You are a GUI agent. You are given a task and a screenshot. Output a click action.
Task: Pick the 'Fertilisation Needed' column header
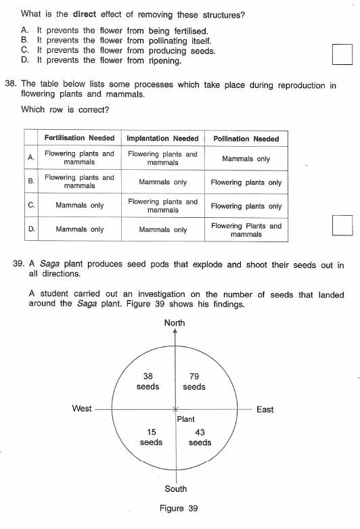point(79,139)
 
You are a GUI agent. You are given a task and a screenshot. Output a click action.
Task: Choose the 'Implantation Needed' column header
point(162,139)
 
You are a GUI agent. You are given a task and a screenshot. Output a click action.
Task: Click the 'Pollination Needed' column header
point(246,139)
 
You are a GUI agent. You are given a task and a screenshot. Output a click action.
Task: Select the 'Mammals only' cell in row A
point(246,158)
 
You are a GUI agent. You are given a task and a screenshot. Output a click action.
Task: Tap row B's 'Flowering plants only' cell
point(246,182)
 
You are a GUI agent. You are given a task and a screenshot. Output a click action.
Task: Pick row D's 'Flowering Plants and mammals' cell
point(246,230)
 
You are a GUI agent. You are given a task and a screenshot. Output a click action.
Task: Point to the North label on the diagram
point(175,323)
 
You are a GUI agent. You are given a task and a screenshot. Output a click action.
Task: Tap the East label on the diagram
point(265,409)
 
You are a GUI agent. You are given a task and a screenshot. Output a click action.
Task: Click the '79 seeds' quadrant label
point(194,382)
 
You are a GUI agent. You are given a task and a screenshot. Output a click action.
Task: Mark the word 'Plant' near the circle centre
point(186,419)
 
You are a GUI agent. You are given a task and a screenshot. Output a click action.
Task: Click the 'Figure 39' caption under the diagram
point(177,509)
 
